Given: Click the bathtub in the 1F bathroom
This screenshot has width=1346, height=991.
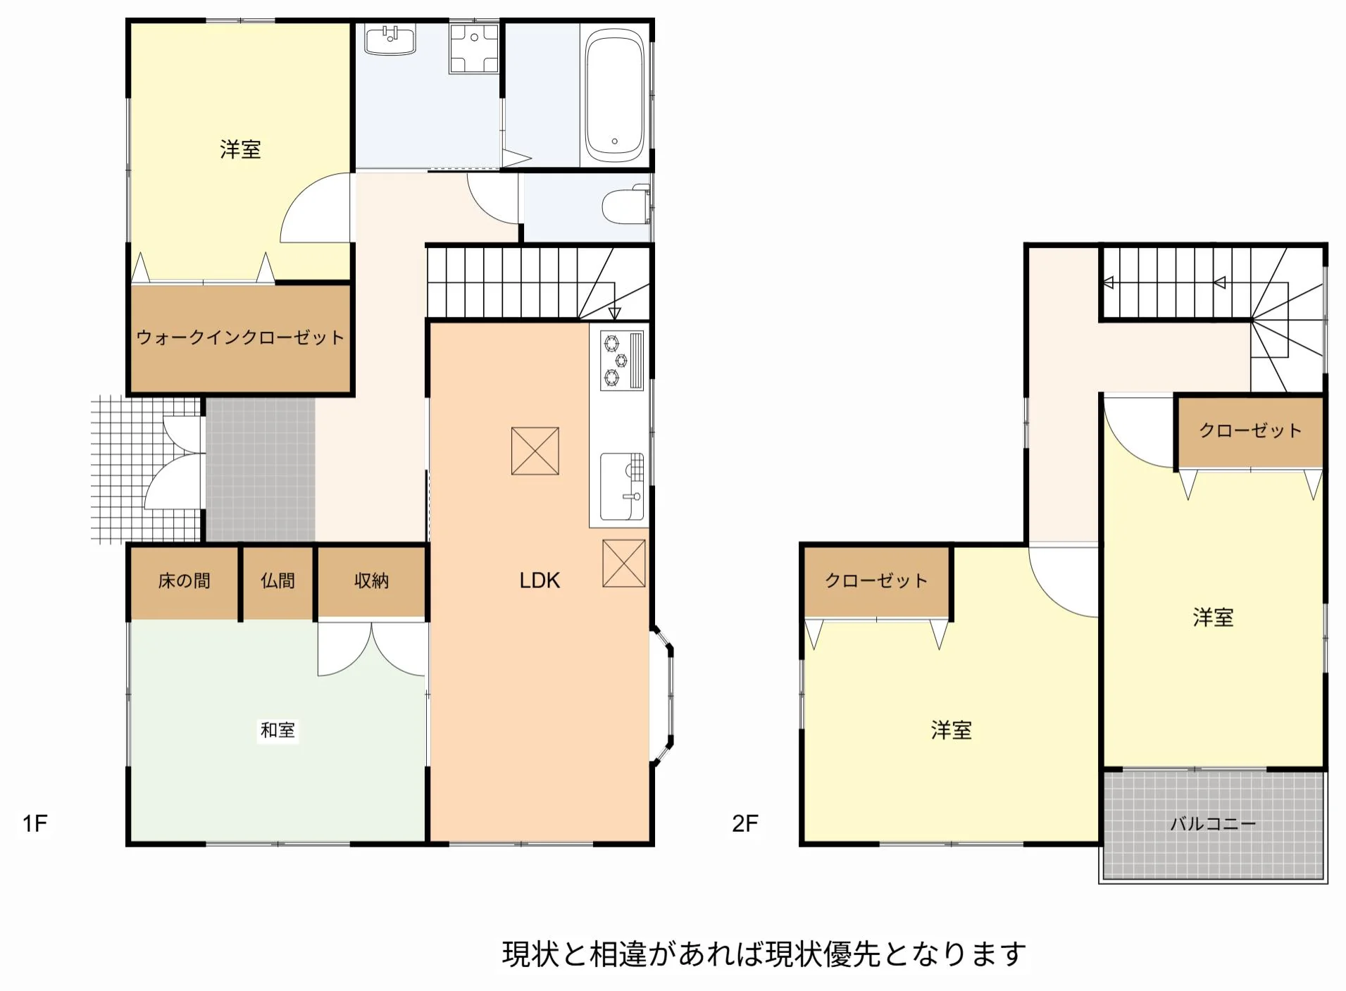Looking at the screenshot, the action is click(x=614, y=96).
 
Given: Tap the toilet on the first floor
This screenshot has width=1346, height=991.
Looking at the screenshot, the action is click(x=626, y=205).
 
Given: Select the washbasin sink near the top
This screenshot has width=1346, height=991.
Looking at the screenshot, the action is click(x=390, y=40).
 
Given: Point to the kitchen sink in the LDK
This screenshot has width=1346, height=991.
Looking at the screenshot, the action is click(x=622, y=486).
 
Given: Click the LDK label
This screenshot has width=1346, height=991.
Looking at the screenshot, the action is click(x=540, y=580).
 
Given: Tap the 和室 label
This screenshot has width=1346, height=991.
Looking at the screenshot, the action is click(x=278, y=730).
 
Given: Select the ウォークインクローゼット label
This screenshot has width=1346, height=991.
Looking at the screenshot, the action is click(x=240, y=337).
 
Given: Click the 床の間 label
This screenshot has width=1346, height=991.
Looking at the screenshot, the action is click(x=185, y=581).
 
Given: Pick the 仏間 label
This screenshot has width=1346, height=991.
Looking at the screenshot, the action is click(x=278, y=581).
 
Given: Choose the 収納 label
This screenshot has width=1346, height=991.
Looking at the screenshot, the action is click(x=371, y=581).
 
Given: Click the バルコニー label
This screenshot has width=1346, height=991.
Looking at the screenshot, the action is click(x=1213, y=823).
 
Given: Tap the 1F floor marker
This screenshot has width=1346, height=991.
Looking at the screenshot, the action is click(x=35, y=823).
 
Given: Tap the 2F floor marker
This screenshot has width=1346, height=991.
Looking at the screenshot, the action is click(x=745, y=823).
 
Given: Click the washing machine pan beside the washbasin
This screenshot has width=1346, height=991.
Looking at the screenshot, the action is click(x=474, y=48).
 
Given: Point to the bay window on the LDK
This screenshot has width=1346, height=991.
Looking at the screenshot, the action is click(x=662, y=695).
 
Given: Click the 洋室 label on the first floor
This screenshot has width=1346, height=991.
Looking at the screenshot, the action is click(x=240, y=149).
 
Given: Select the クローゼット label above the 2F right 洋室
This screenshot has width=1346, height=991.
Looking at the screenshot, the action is click(x=1250, y=430).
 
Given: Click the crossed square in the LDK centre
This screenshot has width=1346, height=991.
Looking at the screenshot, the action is click(x=535, y=451).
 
